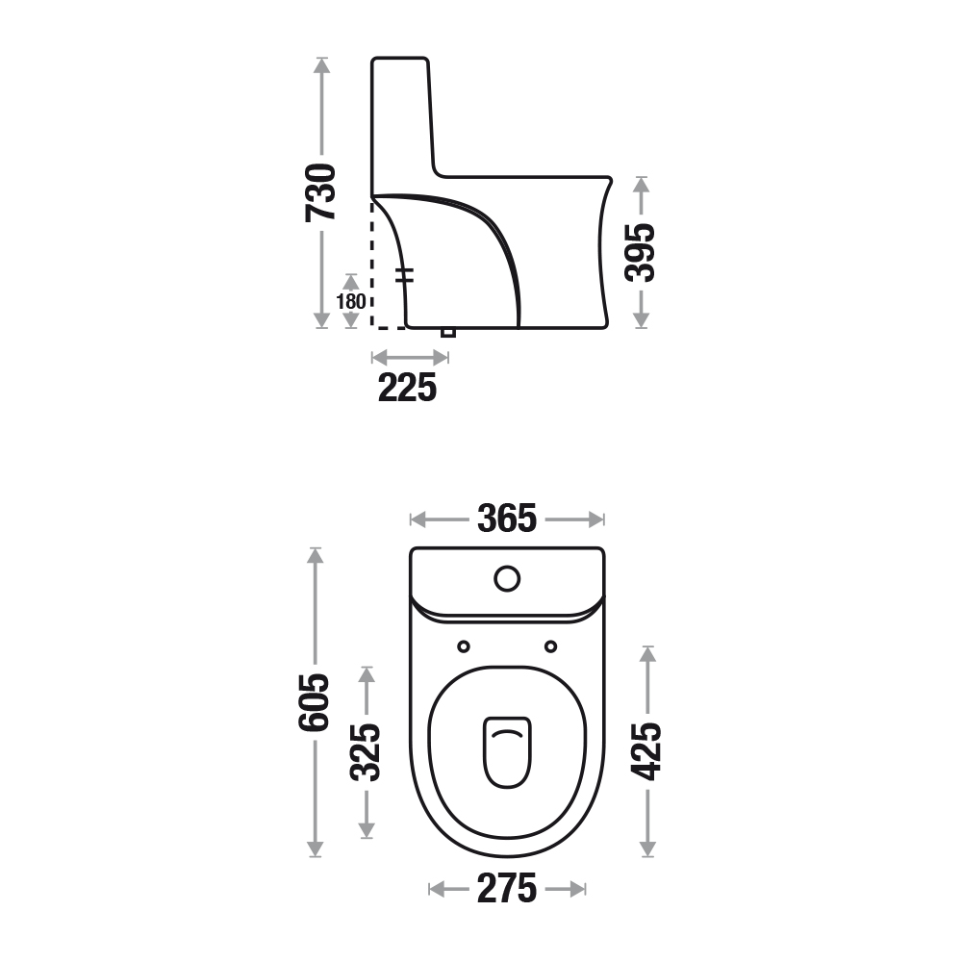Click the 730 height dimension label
click(x=321, y=192)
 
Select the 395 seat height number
click(x=640, y=253)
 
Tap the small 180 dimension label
click(x=351, y=302)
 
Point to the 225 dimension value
click(x=407, y=387)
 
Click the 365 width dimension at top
click(x=507, y=519)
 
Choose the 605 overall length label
click(x=314, y=702)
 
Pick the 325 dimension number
click(x=365, y=752)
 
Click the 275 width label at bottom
click(x=507, y=888)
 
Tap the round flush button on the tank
click(x=507, y=578)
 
